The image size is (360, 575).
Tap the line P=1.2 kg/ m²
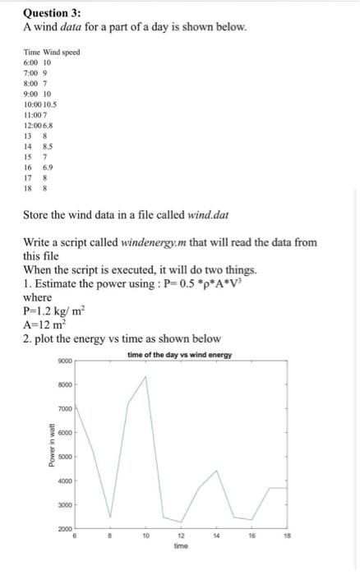click(x=56, y=311)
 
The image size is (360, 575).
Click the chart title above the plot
click(x=180, y=355)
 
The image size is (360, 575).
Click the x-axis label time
click(x=181, y=545)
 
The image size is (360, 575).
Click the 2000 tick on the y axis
click(x=66, y=528)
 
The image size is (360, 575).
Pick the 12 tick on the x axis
click(x=181, y=535)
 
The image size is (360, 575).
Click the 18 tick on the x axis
click(x=286, y=535)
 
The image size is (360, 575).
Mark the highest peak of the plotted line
click(x=145, y=377)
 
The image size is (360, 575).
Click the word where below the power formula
click(x=37, y=297)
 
